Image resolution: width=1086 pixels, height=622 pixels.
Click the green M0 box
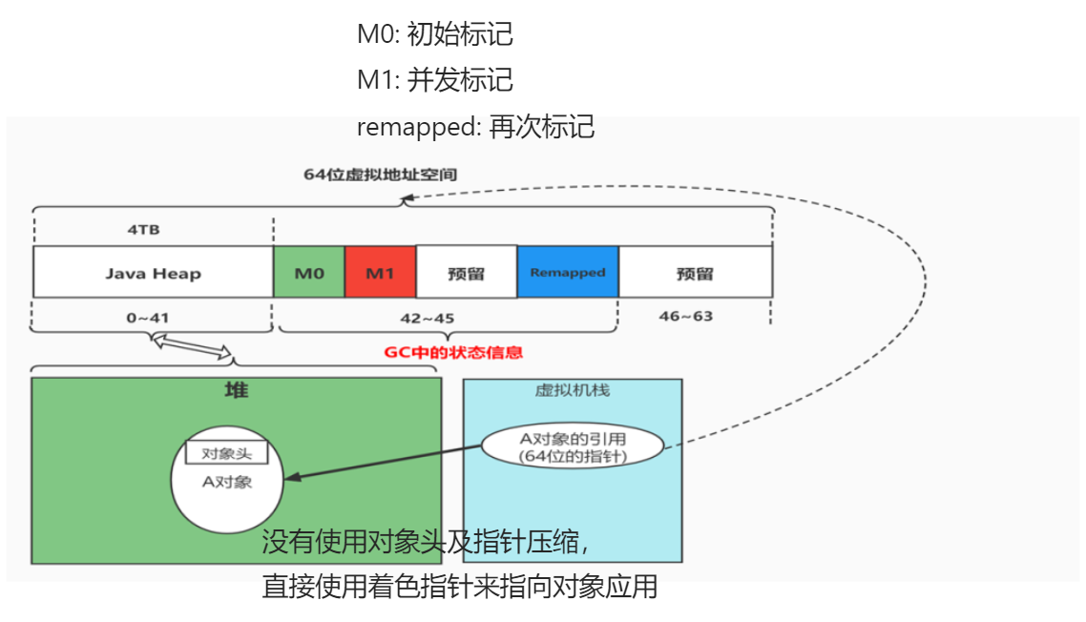[x=308, y=273]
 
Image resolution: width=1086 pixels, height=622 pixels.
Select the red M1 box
[x=380, y=273]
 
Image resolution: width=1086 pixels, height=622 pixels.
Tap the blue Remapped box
[x=568, y=272]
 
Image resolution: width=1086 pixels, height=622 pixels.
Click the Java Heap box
[x=153, y=273]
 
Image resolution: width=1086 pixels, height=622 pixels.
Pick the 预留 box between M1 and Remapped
[x=467, y=273]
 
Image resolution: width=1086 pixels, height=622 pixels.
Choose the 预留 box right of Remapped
[x=695, y=273]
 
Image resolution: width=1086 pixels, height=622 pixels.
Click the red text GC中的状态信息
[x=453, y=352]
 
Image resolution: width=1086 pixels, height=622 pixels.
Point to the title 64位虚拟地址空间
[x=380, y=175]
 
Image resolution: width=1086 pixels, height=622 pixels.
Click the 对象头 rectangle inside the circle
[x=226, y=453]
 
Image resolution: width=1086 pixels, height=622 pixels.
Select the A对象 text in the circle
[x=227, y=482]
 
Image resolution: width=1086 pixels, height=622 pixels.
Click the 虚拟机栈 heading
[x=573, y=390]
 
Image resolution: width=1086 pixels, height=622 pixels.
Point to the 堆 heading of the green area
[x=236, y=390]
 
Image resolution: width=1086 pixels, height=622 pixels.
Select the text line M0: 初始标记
[x=434, y=34]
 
